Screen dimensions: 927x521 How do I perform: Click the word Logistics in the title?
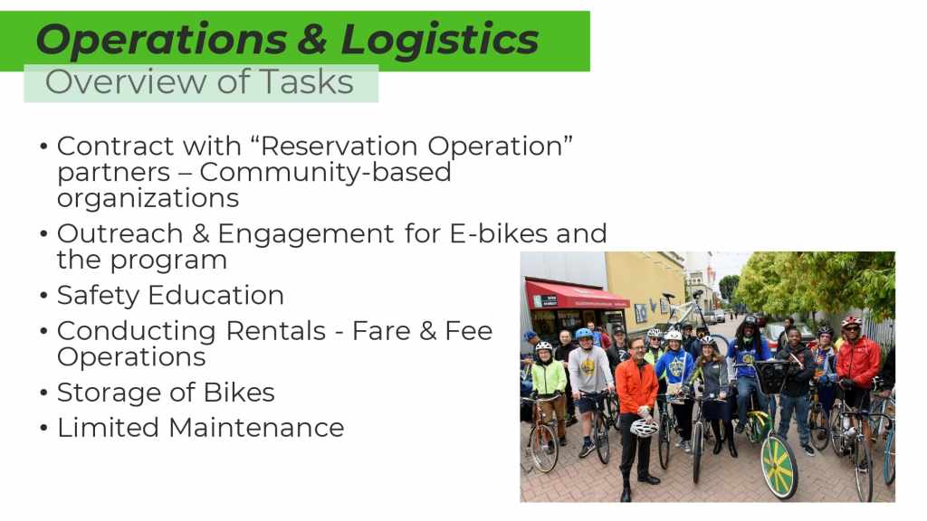click(440, 39)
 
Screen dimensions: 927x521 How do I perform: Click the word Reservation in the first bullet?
click(339, 146)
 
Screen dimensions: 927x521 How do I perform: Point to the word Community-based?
click(325, 173)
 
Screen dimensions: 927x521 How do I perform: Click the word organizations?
click(148, 199)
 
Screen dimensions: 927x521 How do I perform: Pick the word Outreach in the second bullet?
click(120, 233)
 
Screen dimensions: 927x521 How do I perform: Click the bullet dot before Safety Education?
click(43, 296)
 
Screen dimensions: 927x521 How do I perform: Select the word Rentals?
click(275, 331)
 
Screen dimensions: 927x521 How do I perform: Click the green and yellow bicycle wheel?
click(779, 468)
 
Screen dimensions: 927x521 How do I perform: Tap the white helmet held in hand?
click(644, 427)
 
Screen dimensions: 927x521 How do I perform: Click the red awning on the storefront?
click(577, 295)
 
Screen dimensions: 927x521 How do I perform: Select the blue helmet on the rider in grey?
click(584, 334)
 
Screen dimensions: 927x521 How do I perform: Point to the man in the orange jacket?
click(636, 413)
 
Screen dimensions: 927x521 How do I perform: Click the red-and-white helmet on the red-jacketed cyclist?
click(851, 322)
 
